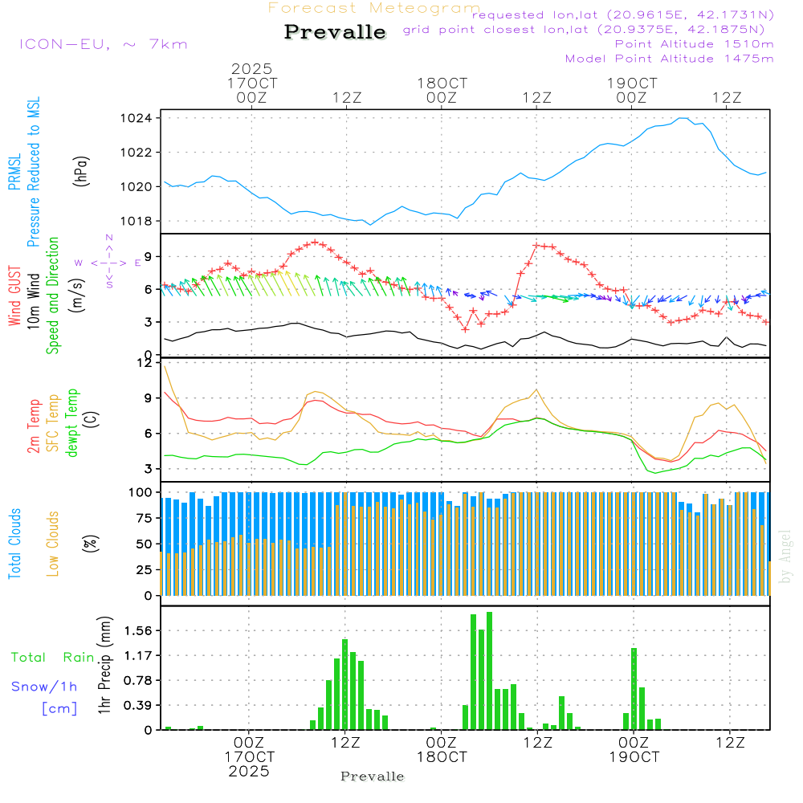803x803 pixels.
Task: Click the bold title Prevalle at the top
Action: (335, 33)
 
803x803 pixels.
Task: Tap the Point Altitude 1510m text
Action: (694, 44)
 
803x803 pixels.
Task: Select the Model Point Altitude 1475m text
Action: (669, 59)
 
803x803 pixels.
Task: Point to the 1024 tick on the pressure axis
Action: (141, 118)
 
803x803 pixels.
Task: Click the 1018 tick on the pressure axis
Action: (141, 221)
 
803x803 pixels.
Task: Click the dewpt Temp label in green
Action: (72, 423)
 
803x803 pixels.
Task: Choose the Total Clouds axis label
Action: (15, 543)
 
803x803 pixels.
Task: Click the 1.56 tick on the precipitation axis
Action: (138, 631)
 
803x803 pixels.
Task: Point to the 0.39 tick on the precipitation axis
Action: (138, 706)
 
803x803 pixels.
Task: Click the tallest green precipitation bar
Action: (489, 671)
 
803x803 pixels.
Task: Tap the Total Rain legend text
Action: (53, 657)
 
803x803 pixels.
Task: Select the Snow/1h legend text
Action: (44, 687)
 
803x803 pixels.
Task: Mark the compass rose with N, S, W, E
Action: (108, 262)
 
